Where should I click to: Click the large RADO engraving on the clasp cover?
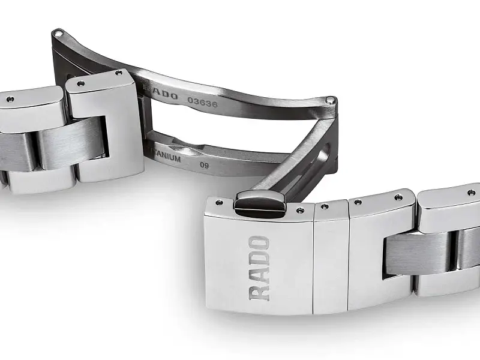(x=259, y=268)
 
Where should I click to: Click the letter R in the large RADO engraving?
(x=259, y=291)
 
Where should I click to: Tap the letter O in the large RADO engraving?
(x=259, y=244)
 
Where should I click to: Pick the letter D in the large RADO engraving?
(x=259, y=259)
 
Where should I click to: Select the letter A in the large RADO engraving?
(x=259, y=275)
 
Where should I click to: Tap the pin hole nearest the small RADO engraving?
(x=118, y=73)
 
